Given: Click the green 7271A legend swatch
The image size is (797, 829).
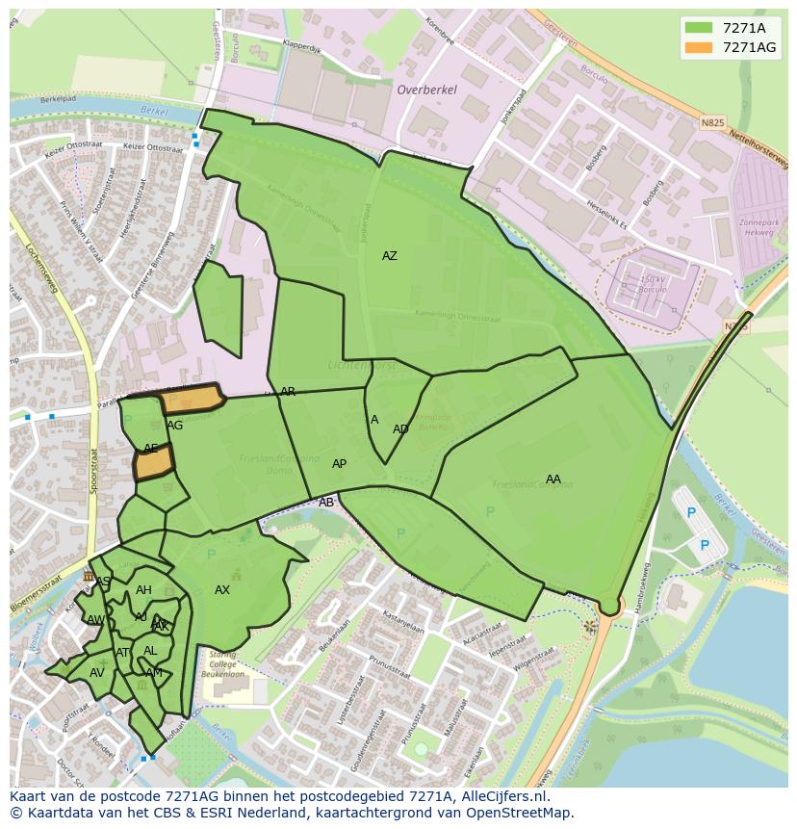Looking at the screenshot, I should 700,27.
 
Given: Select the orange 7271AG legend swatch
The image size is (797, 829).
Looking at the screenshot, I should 700,46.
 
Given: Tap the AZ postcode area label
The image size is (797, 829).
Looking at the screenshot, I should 389,256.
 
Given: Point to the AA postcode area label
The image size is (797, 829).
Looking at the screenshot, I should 553,479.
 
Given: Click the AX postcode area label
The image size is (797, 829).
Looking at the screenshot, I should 222,590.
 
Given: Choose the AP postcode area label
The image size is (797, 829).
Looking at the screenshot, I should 339,464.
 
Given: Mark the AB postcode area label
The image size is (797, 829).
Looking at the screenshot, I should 326,503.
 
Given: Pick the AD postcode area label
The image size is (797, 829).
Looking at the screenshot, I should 400,429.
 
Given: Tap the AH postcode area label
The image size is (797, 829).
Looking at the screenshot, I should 143,590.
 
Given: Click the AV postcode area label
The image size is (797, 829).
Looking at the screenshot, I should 96,673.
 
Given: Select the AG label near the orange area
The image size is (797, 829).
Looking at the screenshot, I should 174,426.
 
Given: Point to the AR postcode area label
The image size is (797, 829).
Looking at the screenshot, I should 288,392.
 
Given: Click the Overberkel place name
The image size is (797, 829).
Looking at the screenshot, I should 426,90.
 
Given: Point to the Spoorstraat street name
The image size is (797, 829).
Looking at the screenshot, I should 94,471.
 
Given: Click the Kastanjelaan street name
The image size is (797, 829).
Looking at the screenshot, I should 403,620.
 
